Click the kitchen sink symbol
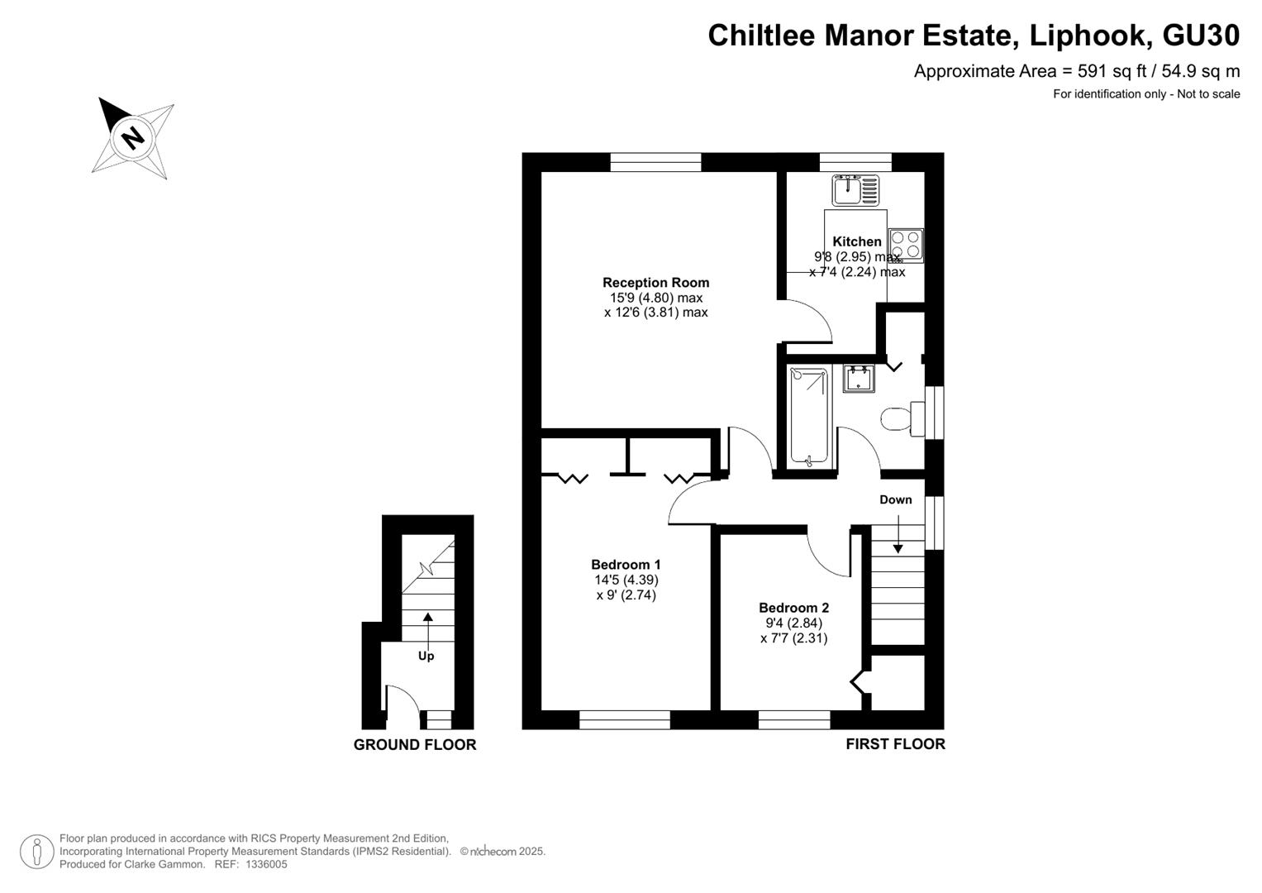855,190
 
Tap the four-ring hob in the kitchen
906,246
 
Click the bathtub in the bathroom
809,418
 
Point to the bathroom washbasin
859,379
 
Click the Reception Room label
655,283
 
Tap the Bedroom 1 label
626,564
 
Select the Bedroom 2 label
794,608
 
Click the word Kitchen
857,241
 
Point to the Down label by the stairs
896,499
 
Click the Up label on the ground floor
426,657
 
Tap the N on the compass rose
133,137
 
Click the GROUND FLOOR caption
415,745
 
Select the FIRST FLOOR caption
896,744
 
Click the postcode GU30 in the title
1201,36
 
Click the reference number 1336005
266,864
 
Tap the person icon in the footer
37,852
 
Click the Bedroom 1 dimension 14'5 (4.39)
626,580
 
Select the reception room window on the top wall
655,162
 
